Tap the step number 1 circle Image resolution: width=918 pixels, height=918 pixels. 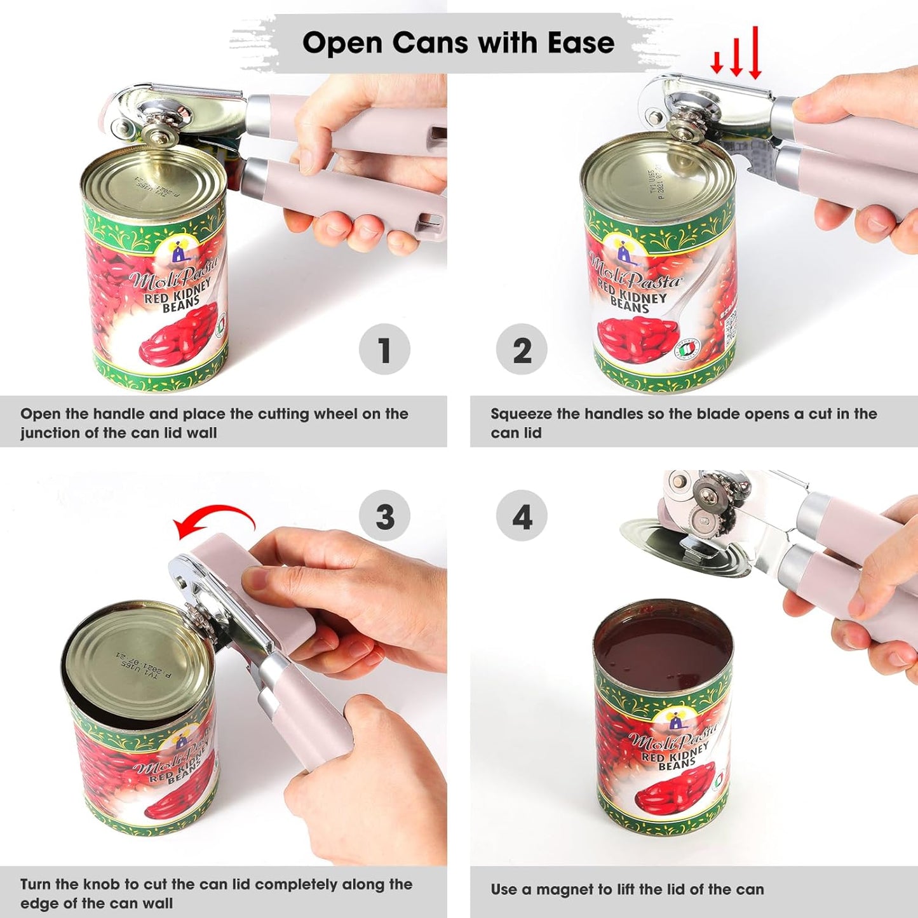pyautogui.click(x=384, y=349)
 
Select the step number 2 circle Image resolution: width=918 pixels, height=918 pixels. pyautogui.click(x=522, y=349)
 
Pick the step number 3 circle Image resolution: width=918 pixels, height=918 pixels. pyautogui.click(x=384, y=516)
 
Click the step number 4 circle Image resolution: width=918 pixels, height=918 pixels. pyautogui.click(x=522, y=516)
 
